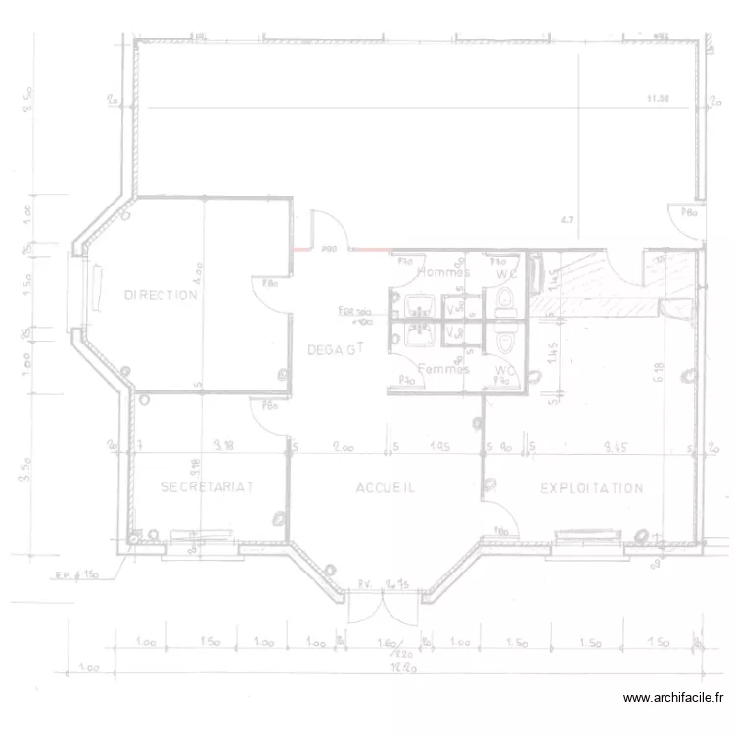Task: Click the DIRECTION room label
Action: coord(161,295)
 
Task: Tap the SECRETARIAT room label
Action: coord(207,486)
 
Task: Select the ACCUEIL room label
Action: coord(386,487)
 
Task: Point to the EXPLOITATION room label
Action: coord(592,487)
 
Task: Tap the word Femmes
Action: coord(443,369)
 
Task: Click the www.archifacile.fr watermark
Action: coord(673,698)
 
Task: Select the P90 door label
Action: coord(329,250)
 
